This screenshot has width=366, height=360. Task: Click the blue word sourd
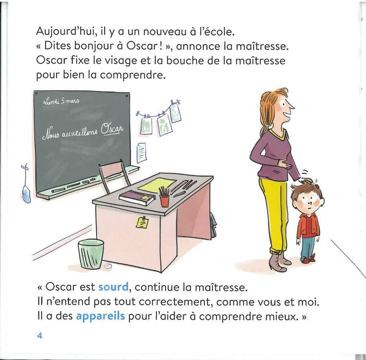[113, 287]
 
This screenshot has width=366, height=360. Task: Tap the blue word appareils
[100, 316]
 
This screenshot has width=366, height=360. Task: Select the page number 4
[40, 336]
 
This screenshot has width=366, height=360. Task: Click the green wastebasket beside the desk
[91, 253]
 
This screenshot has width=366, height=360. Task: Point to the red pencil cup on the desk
[165, 200]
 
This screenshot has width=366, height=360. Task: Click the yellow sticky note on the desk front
[142, 222]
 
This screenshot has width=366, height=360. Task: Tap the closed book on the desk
[137, 198]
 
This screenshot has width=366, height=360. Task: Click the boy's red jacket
[308, 226]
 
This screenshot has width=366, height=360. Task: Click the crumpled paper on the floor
[108, 267]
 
